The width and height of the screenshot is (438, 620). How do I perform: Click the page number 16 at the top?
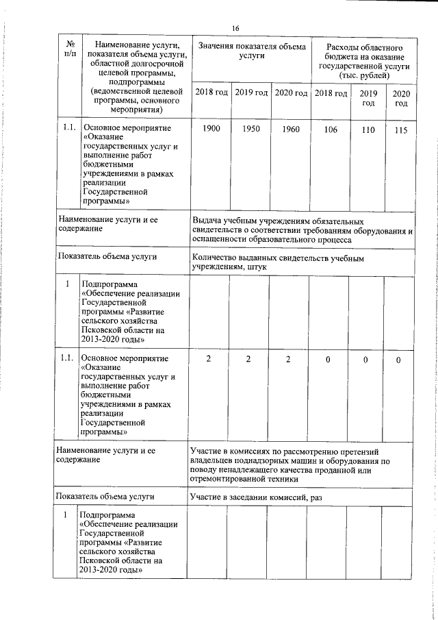[x=235, y=27]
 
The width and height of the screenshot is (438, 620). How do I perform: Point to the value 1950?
[x=250, y=129]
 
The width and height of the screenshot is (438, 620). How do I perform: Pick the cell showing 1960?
[x=291, y=129]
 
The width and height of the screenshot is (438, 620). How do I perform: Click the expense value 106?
[x=329, y=129]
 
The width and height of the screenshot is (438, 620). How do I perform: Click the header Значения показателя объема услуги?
[x=251, y=50]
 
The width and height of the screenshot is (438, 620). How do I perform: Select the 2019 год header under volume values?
[x=250, y=92]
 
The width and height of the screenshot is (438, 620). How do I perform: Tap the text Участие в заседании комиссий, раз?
[x=257, y=496]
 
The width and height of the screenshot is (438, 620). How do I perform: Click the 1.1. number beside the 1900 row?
[x=67, y=127]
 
